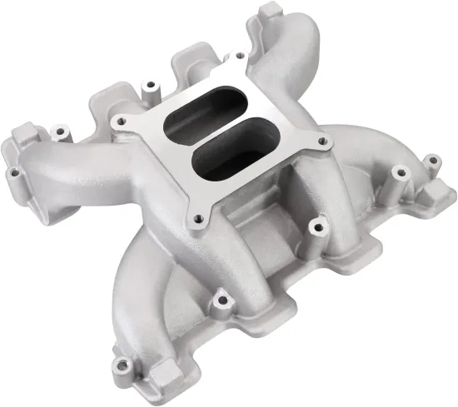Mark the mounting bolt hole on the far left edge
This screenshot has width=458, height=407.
14,173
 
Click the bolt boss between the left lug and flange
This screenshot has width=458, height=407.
59,131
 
